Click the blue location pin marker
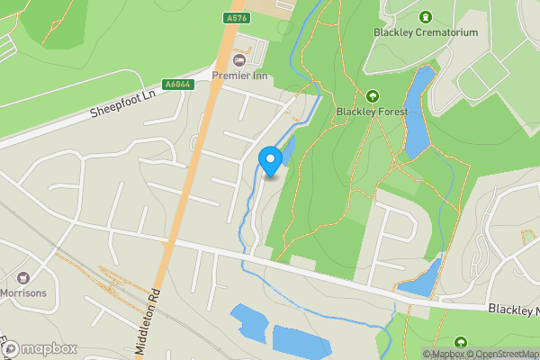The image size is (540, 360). click(271, 161)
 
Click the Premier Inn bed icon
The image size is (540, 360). click(238, 59)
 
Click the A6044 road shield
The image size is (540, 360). click(176, 85)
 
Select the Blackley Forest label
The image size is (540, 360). click(372, 112)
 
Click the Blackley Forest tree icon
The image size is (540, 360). click(372, 96)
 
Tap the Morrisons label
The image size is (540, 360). click(24, 293)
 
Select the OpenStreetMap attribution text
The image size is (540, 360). click(506, 354)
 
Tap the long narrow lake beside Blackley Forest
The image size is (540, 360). click(417, 112)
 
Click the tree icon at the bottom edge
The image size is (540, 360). click(461, 343)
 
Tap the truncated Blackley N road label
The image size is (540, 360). click(513, 310)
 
